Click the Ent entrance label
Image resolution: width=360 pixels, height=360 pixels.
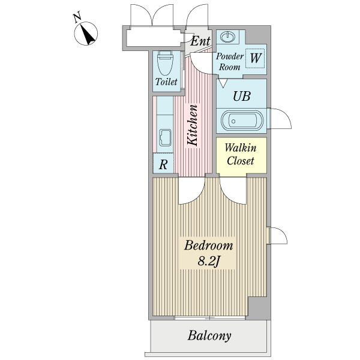point(200,41)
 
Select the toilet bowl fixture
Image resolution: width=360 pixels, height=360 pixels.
point(166,63)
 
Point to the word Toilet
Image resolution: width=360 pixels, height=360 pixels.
point(166,82)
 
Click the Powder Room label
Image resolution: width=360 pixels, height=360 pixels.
point(230,62)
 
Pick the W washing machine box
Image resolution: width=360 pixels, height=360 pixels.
point(255,58)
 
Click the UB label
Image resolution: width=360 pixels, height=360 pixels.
point(241,96)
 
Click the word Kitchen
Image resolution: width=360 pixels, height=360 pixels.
point(193,126)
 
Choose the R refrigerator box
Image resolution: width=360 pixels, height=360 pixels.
point(163,163)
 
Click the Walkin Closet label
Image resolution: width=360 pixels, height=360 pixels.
point(241,154)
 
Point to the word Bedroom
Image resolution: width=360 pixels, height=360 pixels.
point(208,246)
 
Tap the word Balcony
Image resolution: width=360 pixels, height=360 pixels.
point(209,335)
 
